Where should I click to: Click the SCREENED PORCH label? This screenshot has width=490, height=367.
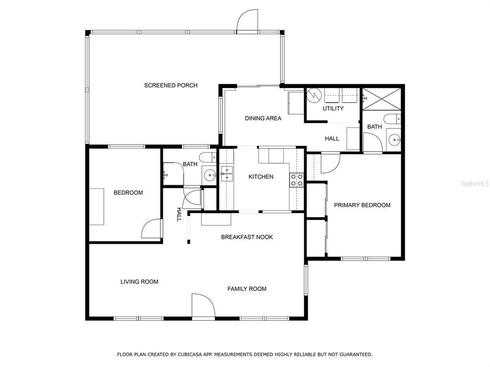(x=171, y=85)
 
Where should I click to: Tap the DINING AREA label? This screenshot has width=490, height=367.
(x=263, y=119)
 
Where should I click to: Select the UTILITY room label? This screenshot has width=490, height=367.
(x=333, y=108)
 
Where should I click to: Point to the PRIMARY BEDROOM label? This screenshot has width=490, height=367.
(x=362, y=205)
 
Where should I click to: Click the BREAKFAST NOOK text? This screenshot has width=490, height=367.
(x=247, y=237)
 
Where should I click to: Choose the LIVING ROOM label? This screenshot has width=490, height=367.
(x=139, y=281)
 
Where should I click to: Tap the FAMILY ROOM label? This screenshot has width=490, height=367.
(x=247, y=289)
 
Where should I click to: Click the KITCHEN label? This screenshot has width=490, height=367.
(x=261, y=177)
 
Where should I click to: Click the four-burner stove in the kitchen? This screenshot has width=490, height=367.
(x=297, y=180)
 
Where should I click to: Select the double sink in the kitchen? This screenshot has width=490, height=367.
(x=226, y=174)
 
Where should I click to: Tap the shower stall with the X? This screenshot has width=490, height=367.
(x=381, y=99)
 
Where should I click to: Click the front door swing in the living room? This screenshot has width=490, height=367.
(x=203, y=306)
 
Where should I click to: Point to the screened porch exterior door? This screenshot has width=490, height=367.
(x=247, y=21)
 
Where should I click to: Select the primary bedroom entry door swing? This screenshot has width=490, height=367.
(x=330, y=162)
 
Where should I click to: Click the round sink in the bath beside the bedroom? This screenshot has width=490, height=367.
(x=209, y=174)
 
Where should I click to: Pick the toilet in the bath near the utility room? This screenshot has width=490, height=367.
(x=392, y=119)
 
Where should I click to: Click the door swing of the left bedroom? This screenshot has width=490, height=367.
(x=152, y=229)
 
